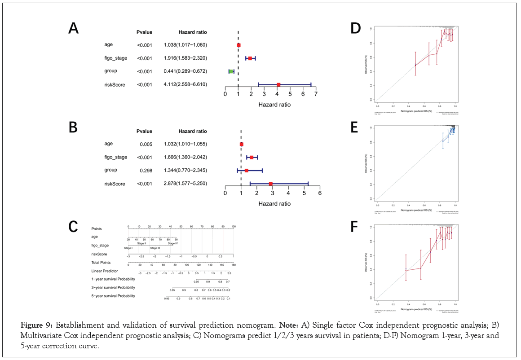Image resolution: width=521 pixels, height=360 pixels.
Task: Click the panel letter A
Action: [73, 28]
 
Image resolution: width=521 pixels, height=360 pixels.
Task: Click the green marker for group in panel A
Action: [231, 71]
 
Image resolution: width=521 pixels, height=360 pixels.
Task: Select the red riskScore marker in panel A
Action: [278, 85]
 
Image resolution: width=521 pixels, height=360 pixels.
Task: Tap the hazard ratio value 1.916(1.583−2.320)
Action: [185, 58]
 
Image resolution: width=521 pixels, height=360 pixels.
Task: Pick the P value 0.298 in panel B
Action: [145, 171]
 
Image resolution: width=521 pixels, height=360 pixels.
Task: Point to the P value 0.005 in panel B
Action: [145, 144]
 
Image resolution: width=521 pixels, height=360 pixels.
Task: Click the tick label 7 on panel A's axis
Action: [316, 94]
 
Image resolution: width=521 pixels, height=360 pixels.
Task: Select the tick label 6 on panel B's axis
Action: [320, 193]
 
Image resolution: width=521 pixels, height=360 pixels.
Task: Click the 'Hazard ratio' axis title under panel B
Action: [274, 203]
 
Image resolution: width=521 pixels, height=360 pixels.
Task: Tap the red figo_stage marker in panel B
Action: [252, 158]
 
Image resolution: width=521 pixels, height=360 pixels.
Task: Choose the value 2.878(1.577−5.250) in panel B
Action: [185, 184]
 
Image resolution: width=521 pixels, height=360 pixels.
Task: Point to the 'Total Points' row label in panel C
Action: [101, 263]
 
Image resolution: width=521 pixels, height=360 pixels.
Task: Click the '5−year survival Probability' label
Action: [113, 296]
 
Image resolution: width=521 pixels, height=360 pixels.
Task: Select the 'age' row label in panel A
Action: [108, 44]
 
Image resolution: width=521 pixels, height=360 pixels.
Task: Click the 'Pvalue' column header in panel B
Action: [145, 131]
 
